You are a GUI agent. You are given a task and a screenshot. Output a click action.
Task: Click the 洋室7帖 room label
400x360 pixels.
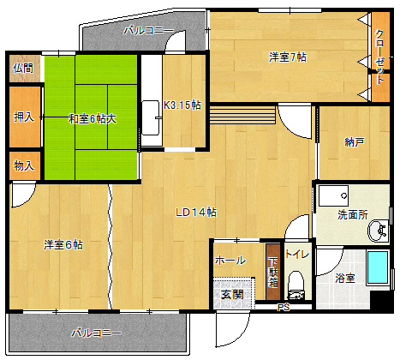[288, 57]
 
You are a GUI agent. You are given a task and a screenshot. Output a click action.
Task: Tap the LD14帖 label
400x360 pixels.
[196, 213]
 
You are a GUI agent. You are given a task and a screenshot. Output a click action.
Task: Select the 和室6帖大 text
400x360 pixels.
[93, 118]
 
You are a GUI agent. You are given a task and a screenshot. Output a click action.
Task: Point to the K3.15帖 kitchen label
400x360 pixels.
[182, 105]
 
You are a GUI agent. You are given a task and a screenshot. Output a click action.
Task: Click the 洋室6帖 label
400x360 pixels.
[63, 245]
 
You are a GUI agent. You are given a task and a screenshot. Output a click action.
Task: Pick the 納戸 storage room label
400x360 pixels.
[354, 141]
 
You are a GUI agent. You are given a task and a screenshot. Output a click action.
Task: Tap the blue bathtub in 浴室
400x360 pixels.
[378, 267]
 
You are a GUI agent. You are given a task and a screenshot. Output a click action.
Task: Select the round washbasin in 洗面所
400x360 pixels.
[379, 231]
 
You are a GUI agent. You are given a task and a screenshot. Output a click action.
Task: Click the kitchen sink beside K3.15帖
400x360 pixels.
[151, 117]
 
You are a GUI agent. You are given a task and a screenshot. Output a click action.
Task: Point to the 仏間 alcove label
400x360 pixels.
[23, 68]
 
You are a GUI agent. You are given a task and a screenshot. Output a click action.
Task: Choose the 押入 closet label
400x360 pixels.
[24, 117]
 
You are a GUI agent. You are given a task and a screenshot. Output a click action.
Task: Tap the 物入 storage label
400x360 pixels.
[24, 165]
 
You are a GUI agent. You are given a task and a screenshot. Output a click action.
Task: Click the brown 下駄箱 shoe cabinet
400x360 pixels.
[273, 272]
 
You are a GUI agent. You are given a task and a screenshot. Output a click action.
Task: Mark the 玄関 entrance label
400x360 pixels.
[232, 294]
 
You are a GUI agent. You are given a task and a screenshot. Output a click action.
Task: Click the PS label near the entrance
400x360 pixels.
[284, 308]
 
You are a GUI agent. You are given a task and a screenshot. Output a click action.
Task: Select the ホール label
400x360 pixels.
[230, 261]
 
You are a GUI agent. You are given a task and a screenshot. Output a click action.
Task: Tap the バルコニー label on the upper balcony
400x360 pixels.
[149, 30]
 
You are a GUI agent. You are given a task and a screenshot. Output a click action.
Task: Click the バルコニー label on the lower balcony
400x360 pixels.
[97, 333]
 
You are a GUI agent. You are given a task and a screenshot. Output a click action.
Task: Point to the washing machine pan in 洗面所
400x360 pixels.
[333, 196]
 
